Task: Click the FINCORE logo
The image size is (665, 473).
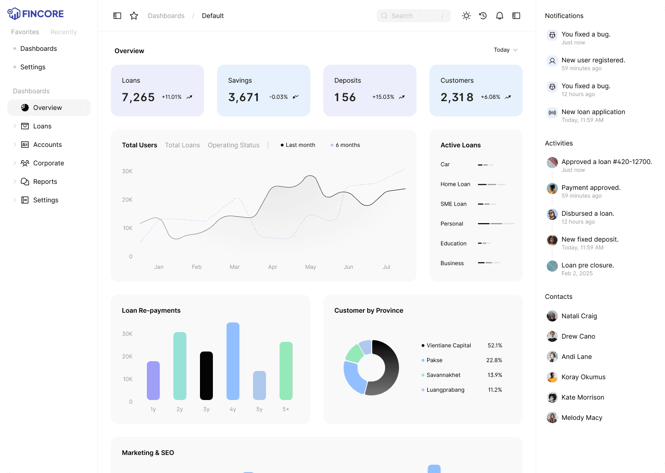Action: pyautogui.click(x=36, y=14)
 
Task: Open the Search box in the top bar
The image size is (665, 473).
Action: pyautogui.click(x=413, y=16)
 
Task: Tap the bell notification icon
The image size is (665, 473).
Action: pyautogui.click(x=500, y=16)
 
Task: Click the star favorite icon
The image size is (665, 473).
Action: pyautogui.click(x=134, y=16)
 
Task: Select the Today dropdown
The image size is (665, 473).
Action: pyautogui.click(x=505, y=50)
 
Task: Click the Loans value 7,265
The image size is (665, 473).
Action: pyautogui.click(x=138, y=97)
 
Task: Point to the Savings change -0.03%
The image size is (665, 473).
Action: pyautogui.click(x=278, y=97)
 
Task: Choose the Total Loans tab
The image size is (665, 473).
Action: pyautogui.click(x=182, y=145)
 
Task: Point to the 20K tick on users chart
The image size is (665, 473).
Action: pyautogui.click(x=127, y=200)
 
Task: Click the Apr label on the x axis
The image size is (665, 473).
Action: pyautogui.click(x=272, y=267)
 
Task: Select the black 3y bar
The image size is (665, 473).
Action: pyautogui.click(x=206, y=376)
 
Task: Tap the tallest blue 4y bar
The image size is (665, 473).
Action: pyautogui.click(x=233, y=361)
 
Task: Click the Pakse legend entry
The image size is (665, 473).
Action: pyautogui.click(x=434, y=360)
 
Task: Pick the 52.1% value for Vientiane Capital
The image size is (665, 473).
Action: pyautogui.click(x=495, y=346)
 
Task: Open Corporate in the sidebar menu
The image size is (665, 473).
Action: pyautogui.click(x=48, y=163)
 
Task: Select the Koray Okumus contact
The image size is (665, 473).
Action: pyautogui.click(x=583, y=377)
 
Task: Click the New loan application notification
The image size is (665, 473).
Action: pyautogui.click(x=593, y=112)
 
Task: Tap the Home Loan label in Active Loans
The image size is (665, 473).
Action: pyautogui.click(x=455, y=184)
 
